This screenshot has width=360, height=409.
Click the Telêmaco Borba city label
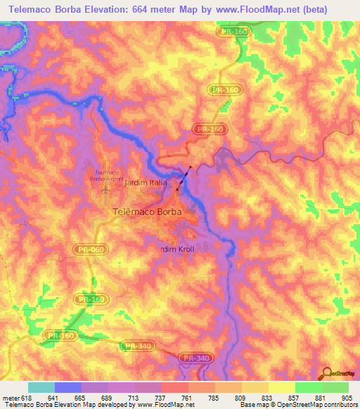click(147, 211)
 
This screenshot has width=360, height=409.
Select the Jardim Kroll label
click(176, 249)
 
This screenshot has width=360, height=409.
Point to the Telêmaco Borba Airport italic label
click(106, 175)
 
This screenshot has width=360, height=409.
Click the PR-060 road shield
click(86, 249)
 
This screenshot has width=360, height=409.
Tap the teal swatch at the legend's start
click(41, 387)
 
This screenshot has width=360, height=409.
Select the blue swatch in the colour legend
click(68, 387)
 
